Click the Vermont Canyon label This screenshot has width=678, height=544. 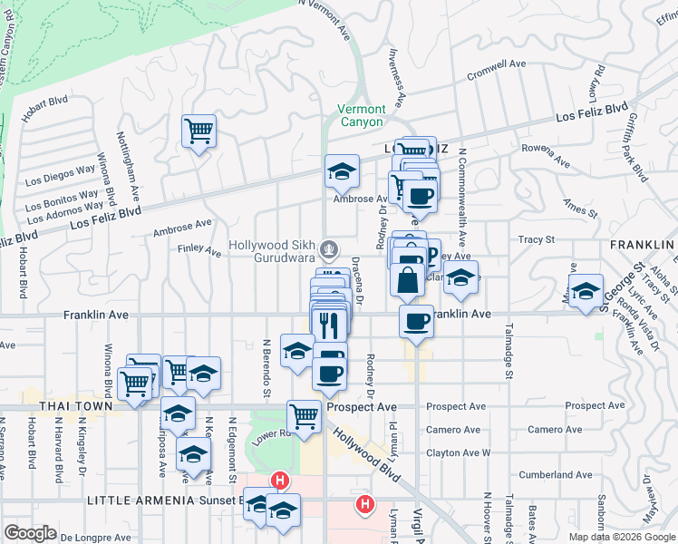point(361,115)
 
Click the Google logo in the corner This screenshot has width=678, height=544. point(30,533)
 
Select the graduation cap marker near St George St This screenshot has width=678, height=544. point(586,289)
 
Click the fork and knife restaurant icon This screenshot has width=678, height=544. point(328,322)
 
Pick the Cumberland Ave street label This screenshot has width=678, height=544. point(556,474)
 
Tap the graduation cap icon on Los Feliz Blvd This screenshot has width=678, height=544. point(343,170)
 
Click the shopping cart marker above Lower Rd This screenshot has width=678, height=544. point(304,416)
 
